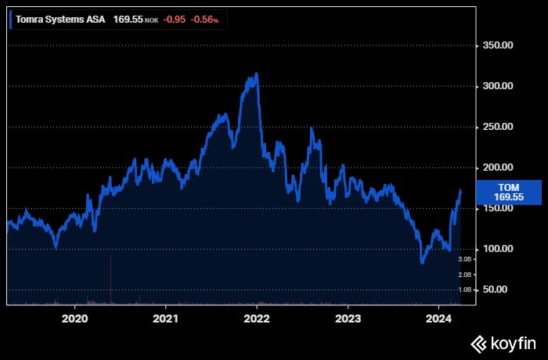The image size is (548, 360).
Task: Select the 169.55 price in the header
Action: tap(128, 19)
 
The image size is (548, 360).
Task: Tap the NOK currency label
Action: tap(151, 20)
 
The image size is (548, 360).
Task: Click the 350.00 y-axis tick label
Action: tap(498, 45)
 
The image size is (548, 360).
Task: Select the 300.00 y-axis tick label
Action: tap(498, 86)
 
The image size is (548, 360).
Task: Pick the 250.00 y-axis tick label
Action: tap(498, 127)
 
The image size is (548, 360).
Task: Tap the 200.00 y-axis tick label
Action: tap(498, 167)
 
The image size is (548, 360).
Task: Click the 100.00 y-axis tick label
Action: tap(498, 249)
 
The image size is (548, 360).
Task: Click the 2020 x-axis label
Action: tap(74, 319)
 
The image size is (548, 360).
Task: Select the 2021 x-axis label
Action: tap(166, 319)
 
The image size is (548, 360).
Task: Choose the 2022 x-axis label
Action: tap(257, 319)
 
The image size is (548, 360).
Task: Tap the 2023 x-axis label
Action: tap(348, 319)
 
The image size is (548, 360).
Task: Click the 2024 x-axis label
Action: tap(439, 319)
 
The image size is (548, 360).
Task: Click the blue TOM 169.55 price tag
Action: tap(508, 192)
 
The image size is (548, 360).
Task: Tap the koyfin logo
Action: tap(503, 343)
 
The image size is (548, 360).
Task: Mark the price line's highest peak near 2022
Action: tap(257, 74)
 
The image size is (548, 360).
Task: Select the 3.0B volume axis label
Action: tap(465, 259)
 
